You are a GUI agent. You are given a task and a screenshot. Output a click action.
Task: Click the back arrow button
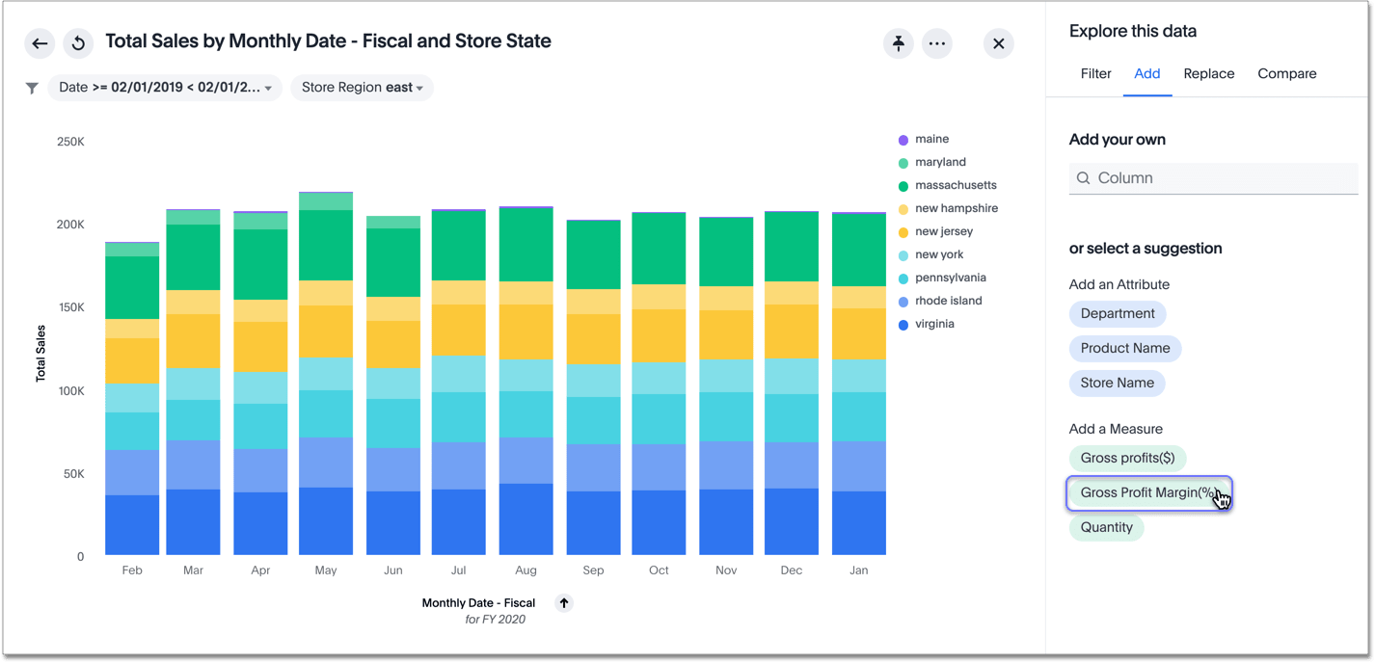coord(40,43)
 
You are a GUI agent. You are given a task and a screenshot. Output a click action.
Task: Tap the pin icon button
coord(899,43)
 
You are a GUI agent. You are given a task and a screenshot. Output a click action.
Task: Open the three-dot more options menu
coord(937,43)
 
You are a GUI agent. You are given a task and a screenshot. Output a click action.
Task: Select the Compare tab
coord(1286,74)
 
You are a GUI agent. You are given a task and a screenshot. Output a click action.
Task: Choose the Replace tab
coord(1208,74)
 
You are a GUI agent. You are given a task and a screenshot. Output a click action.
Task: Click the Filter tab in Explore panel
coord(1095,74)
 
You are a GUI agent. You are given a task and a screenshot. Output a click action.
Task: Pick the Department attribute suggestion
coord(1118,314)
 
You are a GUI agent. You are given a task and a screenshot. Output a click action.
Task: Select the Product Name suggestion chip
coord(1125,349)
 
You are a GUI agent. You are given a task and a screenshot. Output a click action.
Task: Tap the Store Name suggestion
coord(1117,384)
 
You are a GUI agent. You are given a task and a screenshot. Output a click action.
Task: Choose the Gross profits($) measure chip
coord(1127,459)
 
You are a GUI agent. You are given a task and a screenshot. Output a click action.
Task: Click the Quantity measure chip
coord(1106,528)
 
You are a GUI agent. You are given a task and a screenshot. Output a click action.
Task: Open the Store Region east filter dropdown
coord(362,88)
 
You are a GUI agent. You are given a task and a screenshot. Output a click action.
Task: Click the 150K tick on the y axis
coord(70,308)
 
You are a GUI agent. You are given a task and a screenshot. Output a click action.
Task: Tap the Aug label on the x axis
coord(526,570)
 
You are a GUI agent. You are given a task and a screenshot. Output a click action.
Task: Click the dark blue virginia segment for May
coord(326,521)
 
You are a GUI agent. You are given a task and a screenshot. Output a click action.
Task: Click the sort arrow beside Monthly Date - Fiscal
coord(564,603)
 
